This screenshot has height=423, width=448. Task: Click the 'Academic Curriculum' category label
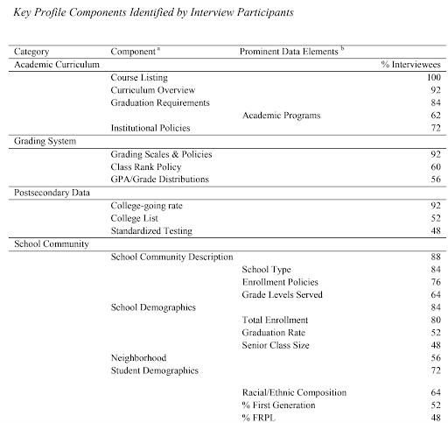[x=52, y=65]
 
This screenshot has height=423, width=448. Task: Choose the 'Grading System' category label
[x=42, y=141]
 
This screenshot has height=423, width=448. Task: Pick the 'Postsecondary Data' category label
[x=48, y=192]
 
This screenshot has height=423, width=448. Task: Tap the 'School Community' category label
[x=46, y=243]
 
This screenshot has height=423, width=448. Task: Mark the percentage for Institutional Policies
[x=434, y=129]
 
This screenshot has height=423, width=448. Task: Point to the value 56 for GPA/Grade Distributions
[x=434, y=179]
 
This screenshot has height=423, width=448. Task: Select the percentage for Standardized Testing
[x=434, y=229]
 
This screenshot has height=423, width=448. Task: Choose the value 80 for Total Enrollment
[x=434, y=321]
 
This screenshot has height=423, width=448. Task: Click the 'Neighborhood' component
[x=138, y=358]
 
